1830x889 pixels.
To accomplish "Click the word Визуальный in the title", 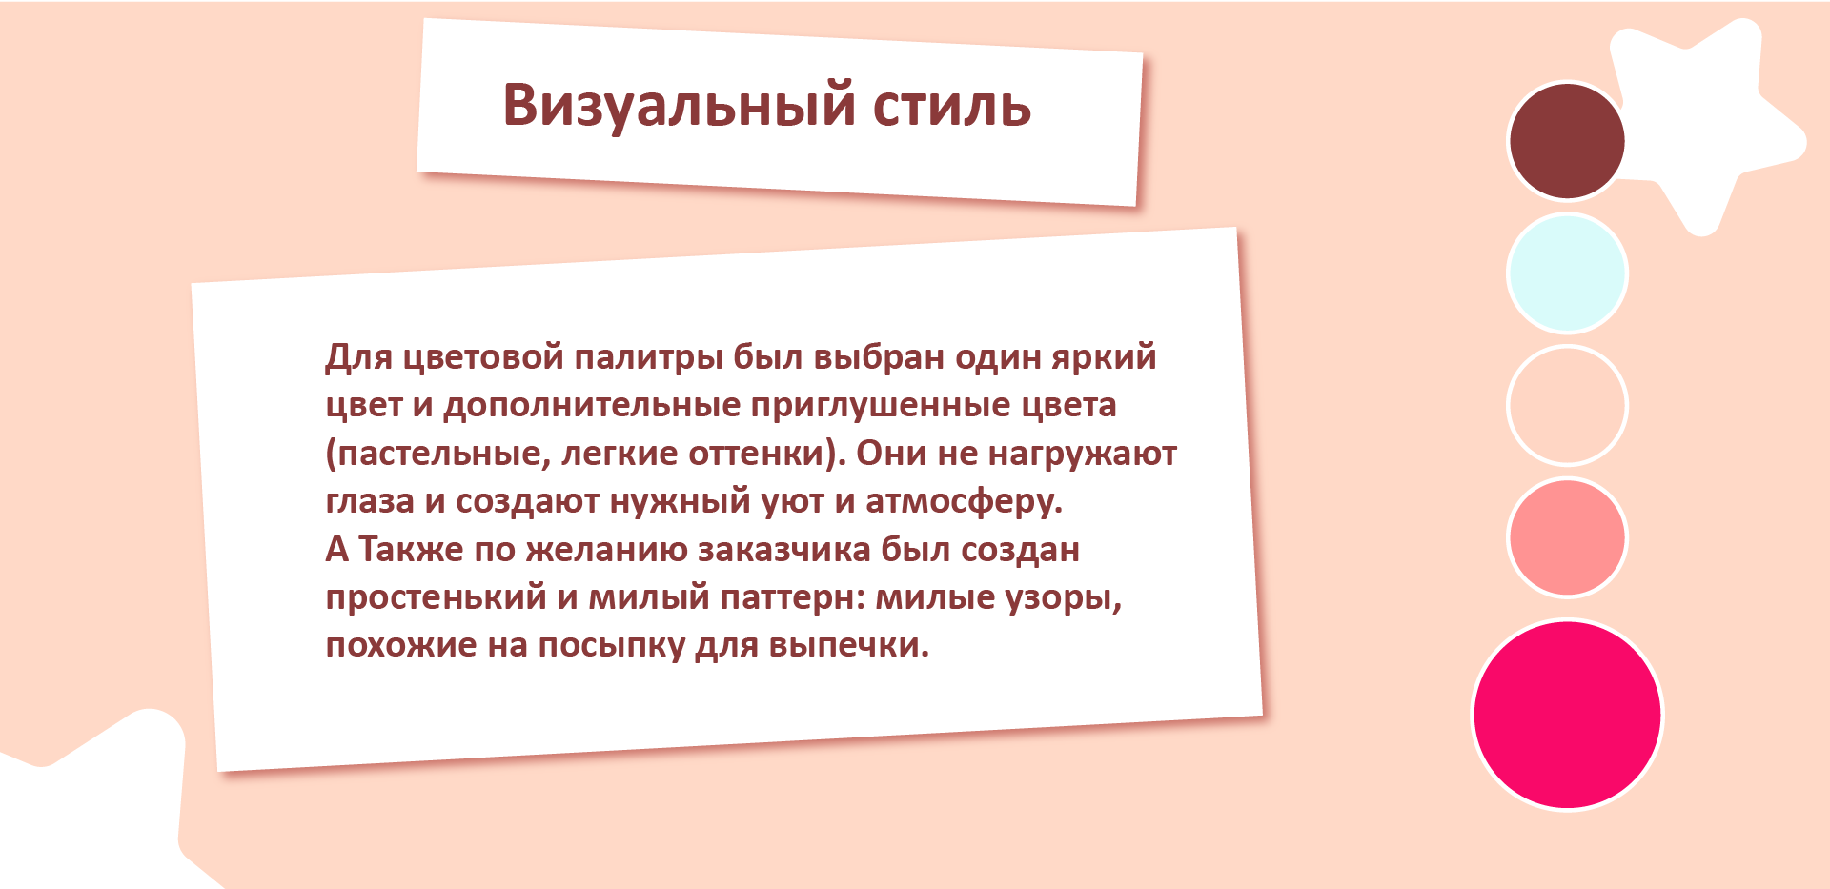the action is point(679,105).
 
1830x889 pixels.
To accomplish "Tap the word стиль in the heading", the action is point(952,106).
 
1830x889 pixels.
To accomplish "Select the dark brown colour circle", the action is point(1567,141).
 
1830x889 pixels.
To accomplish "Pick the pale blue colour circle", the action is point(1567,273).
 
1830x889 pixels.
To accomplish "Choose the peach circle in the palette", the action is point(1567,405).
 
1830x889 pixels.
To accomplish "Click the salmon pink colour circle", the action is point(1567,537).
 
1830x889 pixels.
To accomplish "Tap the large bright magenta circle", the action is point(1567,715).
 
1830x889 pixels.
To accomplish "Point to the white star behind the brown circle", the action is point(1706,124).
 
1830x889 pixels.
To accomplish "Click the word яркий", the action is point(1104,358).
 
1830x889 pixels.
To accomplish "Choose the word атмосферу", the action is point(964,501).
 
